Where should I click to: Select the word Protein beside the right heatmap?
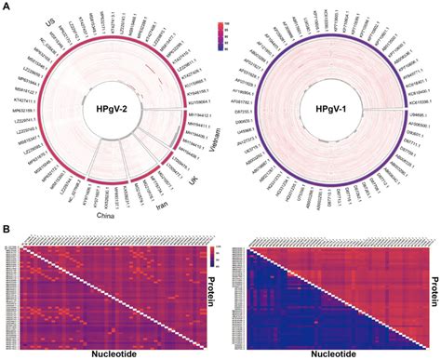coord(434,288)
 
